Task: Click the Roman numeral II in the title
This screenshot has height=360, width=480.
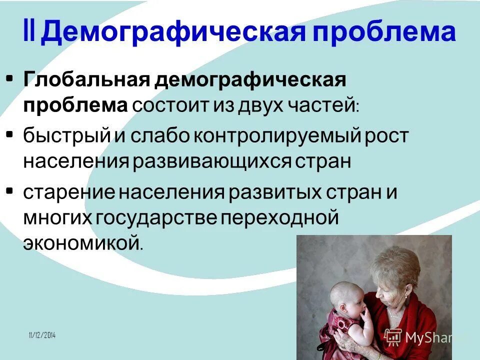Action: (x=31, y=32)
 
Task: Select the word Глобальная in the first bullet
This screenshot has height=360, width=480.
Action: (x=84, y=79)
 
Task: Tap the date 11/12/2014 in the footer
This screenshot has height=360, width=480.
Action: (x=42, y=335)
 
